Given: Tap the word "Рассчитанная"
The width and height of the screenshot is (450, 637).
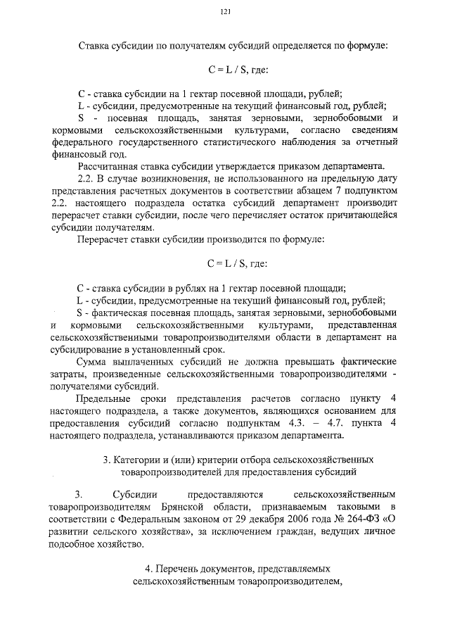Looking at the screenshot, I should pos(108,167).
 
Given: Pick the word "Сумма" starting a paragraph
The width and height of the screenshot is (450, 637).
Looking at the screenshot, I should pos(94,362).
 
